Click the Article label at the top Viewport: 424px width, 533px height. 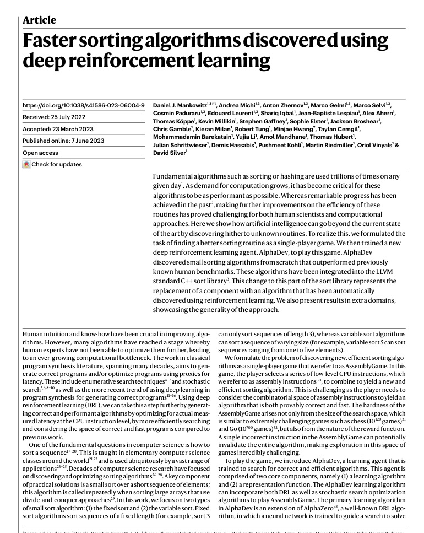point(40,20)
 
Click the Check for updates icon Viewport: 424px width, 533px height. point(26,164)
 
